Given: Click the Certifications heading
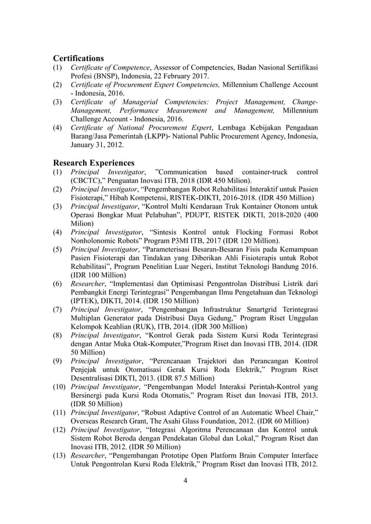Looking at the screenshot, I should [79, 58].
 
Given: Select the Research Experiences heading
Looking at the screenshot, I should [94, 163].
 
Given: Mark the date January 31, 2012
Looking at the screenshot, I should [92, 145].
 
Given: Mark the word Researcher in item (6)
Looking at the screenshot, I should [88, 284].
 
